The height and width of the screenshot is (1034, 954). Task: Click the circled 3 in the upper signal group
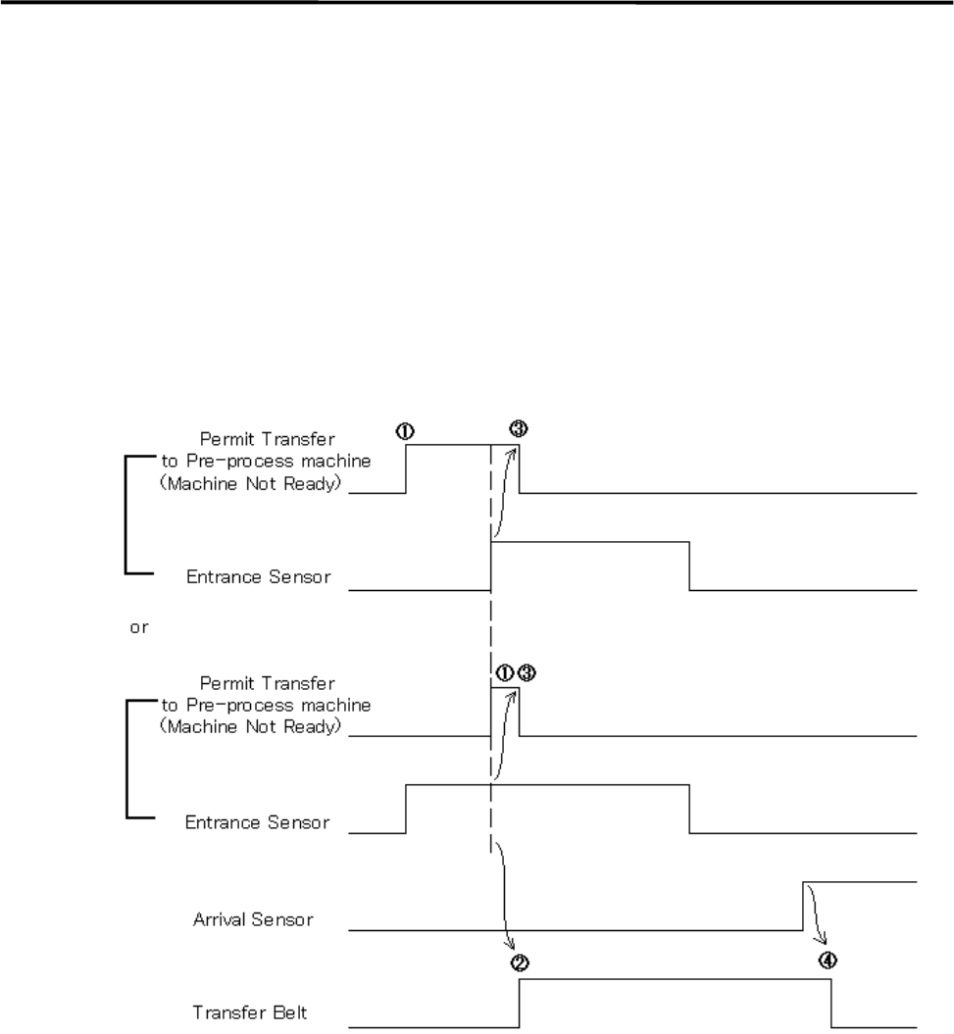coord(519,428)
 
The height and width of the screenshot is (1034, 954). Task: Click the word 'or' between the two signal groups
coord(139,626)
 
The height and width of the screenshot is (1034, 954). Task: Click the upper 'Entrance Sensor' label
coord(257,577)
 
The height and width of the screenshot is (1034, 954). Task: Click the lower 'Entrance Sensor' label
coord(257,820)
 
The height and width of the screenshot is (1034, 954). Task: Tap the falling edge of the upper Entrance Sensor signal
coord(689,566)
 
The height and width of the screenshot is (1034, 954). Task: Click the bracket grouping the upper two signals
coord(126,514)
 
